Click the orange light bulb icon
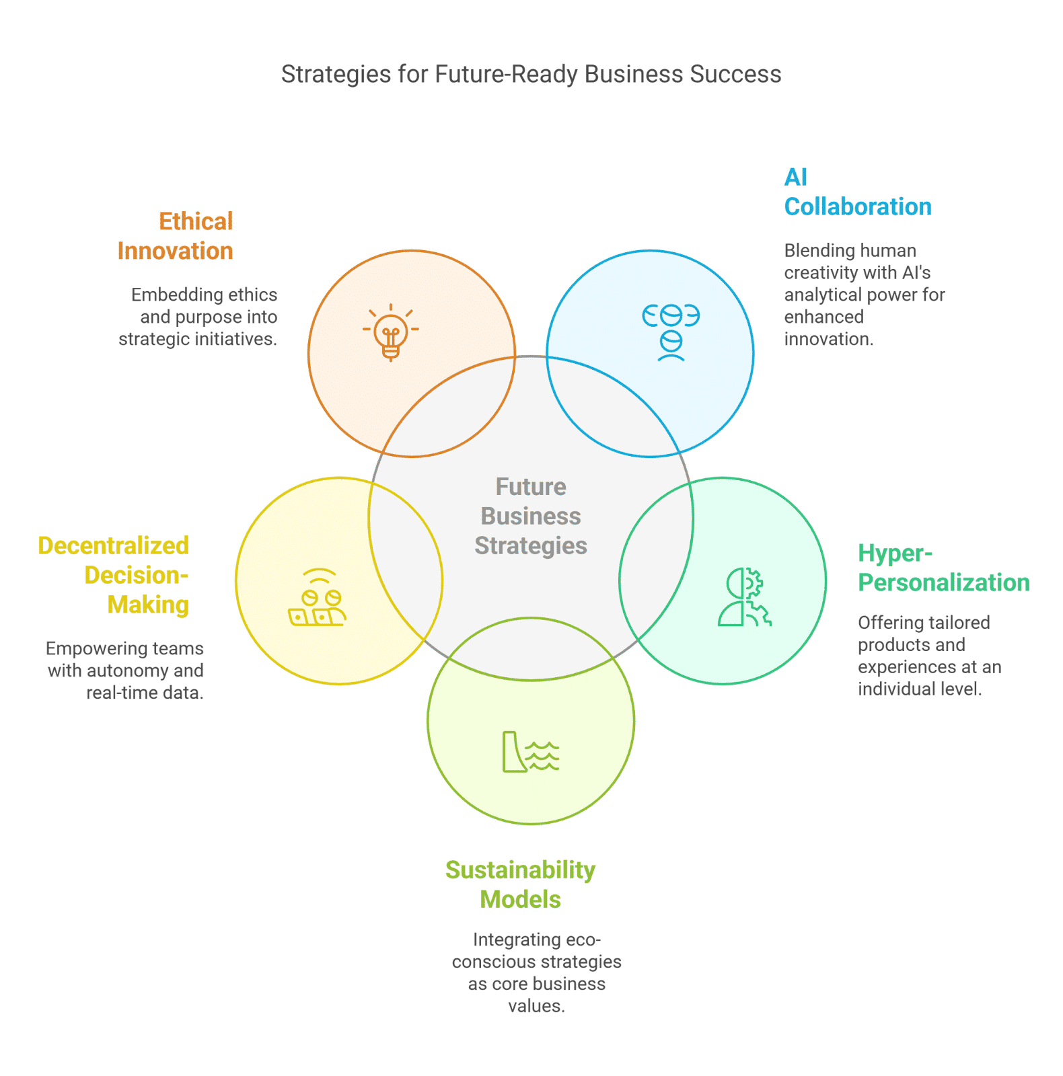391,332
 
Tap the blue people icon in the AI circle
671,332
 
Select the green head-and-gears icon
744,597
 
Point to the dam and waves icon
531,751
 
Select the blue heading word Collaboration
858,206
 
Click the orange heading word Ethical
196,221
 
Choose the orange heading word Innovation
176,251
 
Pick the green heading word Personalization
943,582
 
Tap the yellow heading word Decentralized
114,545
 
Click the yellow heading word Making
148,605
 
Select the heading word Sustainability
520,870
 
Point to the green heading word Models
520,899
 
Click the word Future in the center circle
531,486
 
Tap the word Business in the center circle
531,516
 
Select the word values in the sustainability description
536,1006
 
